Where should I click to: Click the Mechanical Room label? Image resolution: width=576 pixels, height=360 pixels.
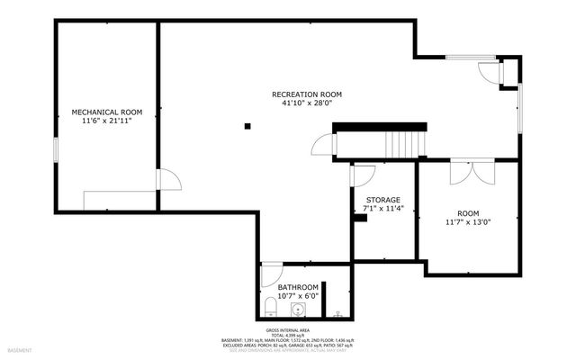coord(107,112)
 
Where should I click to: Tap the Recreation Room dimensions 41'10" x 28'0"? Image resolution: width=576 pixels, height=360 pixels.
coord(306,103)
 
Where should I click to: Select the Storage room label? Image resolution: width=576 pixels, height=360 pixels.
coord(382,199)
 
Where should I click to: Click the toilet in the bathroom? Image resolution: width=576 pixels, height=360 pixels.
coord(270,308)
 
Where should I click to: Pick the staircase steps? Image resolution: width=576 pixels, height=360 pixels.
coord(404,142)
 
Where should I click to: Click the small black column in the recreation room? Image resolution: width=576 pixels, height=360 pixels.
coord(247,126)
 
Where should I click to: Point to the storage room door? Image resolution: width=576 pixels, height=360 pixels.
coord(362,175)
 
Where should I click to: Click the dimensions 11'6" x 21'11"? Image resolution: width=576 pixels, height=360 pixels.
coord(107,121)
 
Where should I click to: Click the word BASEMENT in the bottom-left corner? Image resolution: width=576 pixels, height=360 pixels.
coord(20,350)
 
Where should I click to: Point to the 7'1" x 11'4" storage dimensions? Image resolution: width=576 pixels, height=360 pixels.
coord(382,208)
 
